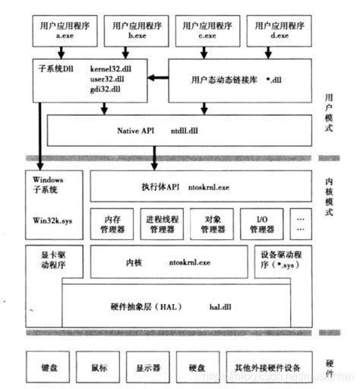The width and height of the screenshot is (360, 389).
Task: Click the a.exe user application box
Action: point(65,30)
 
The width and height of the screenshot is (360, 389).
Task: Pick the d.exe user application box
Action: point(278,30)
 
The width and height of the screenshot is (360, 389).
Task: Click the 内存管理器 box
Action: point(112,222)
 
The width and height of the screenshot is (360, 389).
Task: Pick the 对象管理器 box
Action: point(213,222)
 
